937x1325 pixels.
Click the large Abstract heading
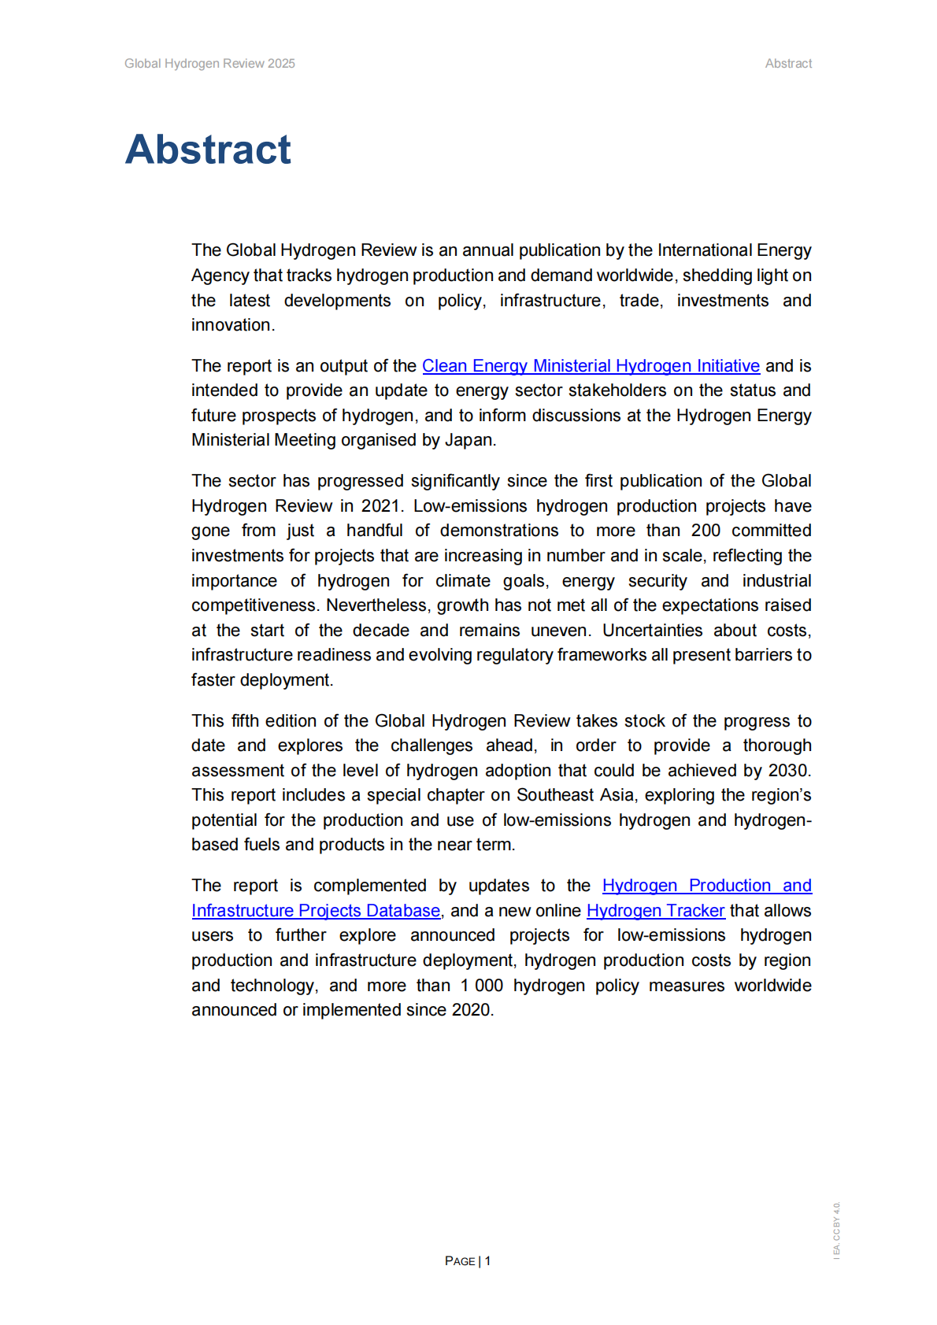(208, 150)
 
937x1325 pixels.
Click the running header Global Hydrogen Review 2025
(209, 64)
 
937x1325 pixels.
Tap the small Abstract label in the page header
(788, 64)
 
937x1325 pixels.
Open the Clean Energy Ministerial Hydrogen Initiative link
(591, 366)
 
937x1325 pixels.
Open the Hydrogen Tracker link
(655, 911)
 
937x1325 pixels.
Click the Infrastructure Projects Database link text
(316, 911)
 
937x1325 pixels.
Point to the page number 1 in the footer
(488, 1260)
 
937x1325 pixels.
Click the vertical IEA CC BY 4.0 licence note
(837, 1230)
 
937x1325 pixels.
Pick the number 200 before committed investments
(706, 531)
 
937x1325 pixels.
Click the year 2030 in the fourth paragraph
(787, 771)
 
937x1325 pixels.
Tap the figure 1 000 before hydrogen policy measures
(482, 986)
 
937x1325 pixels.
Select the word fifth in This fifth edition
(245, 721)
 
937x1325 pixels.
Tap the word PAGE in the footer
(460, 1261)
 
